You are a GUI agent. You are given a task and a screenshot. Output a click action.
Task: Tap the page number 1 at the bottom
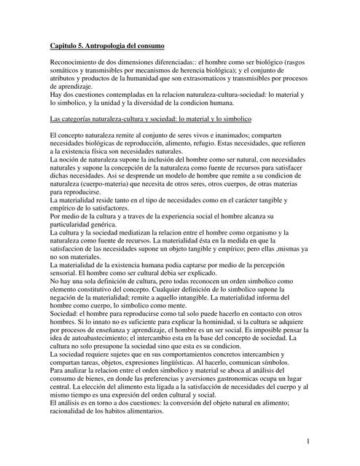tap(308, 440)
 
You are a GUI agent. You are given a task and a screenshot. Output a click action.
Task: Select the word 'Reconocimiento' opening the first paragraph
tap(74, 63)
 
